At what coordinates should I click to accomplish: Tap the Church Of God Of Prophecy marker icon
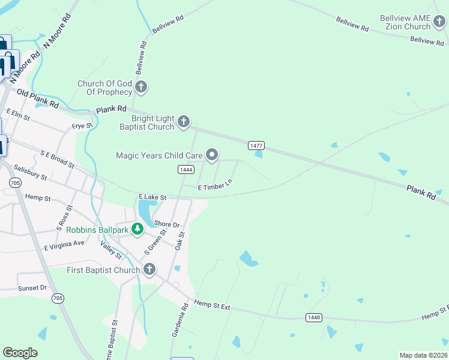141,88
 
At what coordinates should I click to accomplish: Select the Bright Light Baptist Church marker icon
184,122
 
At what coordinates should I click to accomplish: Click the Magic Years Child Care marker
212,155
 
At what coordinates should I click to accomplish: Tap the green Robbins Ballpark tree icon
138,229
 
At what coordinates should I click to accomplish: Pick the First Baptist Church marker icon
149,270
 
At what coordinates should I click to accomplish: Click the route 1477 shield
256,146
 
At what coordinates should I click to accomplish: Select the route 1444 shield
186,170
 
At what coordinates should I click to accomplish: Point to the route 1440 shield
313,317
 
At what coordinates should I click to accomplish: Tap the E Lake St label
152,196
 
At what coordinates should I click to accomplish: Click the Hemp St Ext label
212,306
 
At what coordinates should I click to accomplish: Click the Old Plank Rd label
38,98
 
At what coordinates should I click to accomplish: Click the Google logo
20,353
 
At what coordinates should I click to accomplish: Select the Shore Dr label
167,224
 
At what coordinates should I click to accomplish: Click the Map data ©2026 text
423,355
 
